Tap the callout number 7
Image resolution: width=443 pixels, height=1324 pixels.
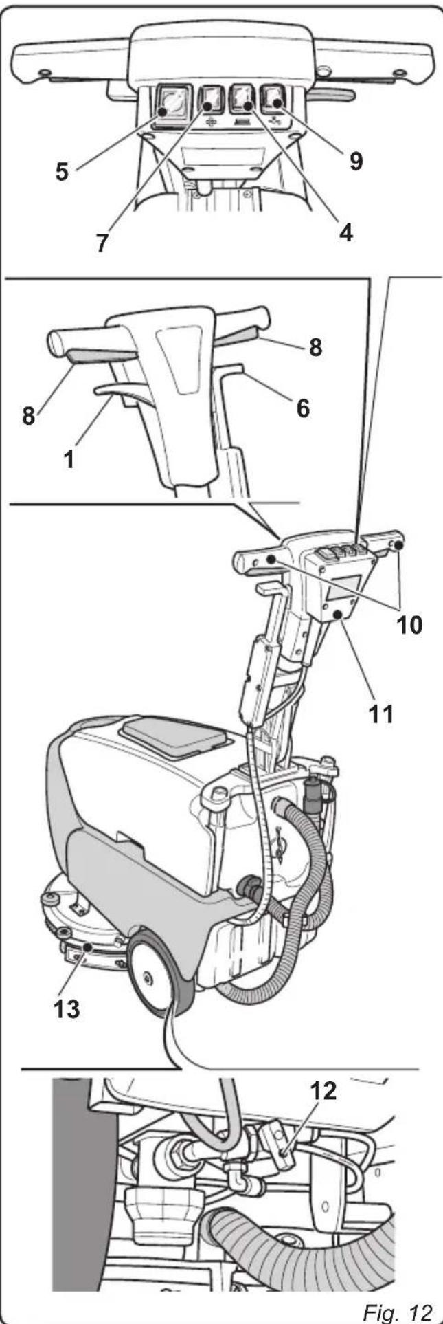click(102, 244)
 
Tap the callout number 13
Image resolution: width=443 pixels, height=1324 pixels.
click(67, 1008)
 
